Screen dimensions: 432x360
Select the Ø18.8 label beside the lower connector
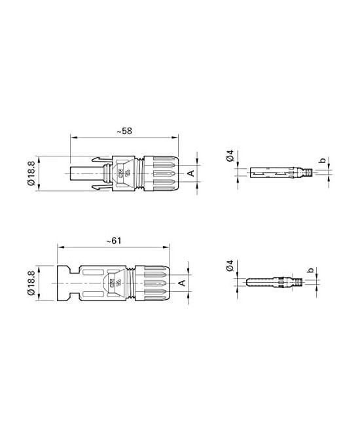[32, 283]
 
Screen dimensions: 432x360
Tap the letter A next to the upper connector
[190, 173]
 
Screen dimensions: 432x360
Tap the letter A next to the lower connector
[182, 283]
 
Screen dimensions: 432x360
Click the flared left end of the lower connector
[63, 283]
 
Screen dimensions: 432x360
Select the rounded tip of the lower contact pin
[247, 283]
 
